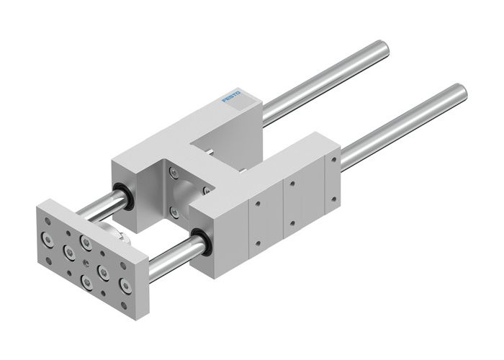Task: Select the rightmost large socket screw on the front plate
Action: point(126,288)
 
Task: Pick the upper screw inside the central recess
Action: point(173,171)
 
